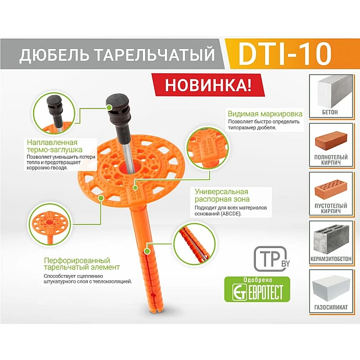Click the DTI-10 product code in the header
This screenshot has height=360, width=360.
[x=285, y=55]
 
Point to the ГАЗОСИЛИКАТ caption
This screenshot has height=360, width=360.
[x=334, y=307]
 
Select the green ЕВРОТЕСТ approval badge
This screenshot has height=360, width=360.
[x=257, y=288]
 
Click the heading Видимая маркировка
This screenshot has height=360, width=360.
[x=265, y=114]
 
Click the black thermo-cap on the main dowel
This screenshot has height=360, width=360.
[x=118, y=112]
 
